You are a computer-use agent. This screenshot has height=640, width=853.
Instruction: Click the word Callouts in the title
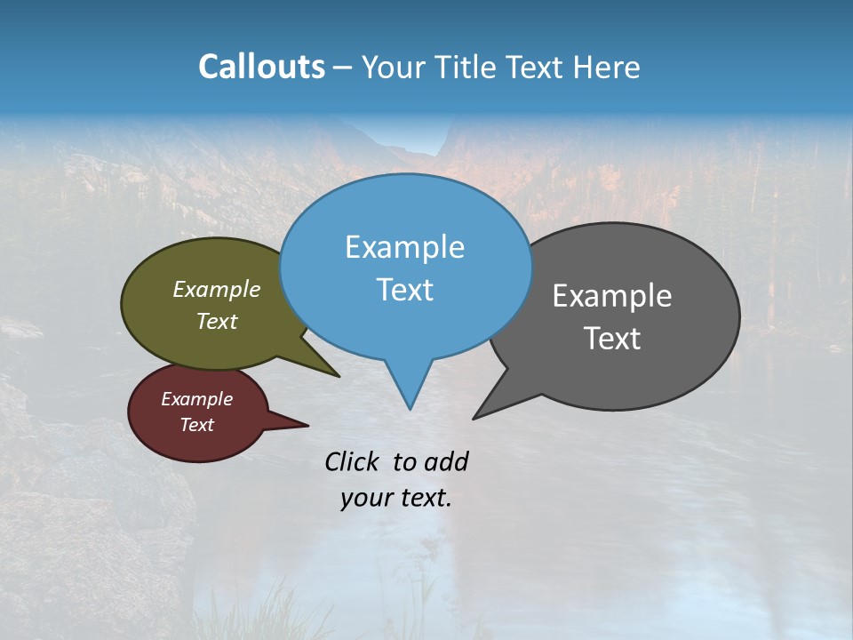[x=261, y=67]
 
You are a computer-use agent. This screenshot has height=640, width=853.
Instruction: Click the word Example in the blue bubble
[x=404, y=247]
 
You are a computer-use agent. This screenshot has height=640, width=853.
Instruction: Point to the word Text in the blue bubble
[x=404, y=290]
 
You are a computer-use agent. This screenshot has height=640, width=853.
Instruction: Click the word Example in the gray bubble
[x=612, y=296]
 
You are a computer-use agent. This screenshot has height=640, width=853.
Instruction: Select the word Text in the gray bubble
[x=612, y=339]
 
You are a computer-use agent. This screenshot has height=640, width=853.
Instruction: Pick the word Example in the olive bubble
[x=217, y=290]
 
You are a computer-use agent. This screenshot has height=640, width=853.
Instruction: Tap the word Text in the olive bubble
[x=217, y=321]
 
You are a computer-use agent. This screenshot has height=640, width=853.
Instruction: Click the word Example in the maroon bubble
[x=196, y=399]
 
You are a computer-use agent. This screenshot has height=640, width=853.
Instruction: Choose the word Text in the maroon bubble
[x=196, y=425]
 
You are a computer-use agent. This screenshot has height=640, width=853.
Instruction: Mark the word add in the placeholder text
[x=446, y=461]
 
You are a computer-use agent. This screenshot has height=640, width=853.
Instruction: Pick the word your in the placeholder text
[x=365, y=498]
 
